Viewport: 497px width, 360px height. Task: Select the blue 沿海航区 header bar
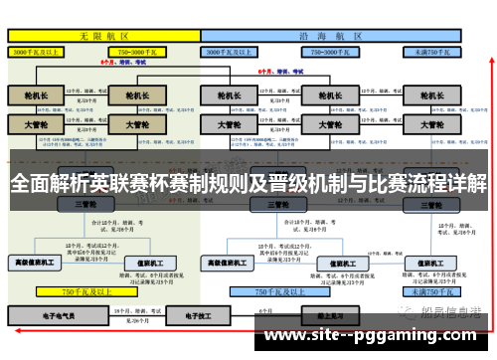(x=332, y=34)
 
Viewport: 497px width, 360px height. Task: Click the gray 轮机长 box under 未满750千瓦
(x=430, y=96)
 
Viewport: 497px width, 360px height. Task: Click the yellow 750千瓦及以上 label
(x=83, y=292)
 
